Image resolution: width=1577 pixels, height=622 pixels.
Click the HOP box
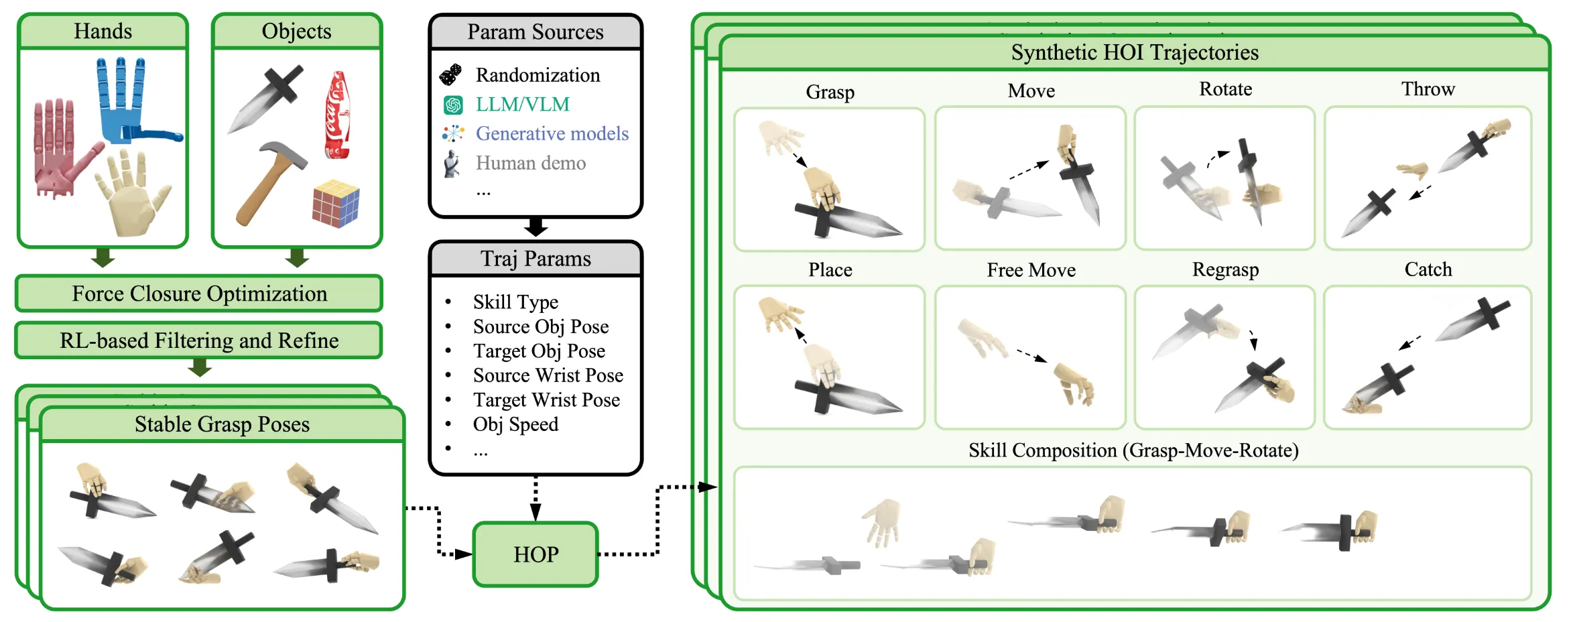point(535,554)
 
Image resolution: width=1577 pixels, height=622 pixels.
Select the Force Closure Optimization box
point(199,294)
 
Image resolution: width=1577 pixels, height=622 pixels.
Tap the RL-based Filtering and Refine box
point(199,340)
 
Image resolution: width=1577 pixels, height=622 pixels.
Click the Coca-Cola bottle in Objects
point(337,115)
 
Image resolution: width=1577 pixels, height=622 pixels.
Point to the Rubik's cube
point(336,202)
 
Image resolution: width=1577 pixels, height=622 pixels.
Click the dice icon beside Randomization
point(451,75)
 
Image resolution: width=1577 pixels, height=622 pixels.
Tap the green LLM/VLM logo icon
point(453,105)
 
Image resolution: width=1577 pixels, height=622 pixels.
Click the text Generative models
point(552,133)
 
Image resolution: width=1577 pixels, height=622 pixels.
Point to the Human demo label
point(530,163)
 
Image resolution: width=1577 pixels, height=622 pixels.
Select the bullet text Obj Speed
point(515,424)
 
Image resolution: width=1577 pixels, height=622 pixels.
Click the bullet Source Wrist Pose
point(548,375)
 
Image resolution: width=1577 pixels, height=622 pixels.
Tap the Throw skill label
point(1428,89)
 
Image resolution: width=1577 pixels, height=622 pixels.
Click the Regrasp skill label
point(1225,269)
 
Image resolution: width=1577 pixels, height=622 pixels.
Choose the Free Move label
point(1031,270)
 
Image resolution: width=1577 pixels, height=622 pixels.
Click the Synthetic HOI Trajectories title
point(1134,52)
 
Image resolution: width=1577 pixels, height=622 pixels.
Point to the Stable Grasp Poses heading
point(222,424)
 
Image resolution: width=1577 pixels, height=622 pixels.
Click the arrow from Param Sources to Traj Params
point(535,227)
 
